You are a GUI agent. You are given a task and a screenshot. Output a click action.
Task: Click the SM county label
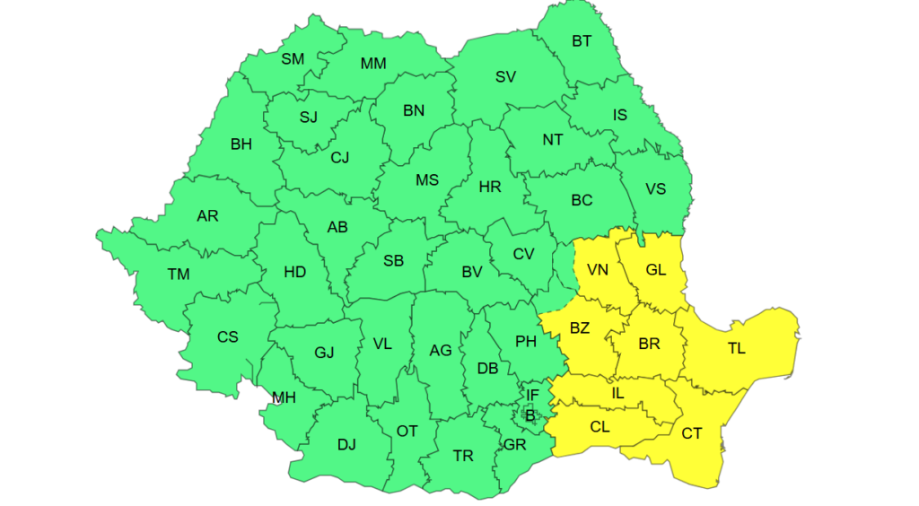(x=293, y=59)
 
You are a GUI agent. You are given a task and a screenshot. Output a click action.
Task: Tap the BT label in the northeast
(x=582, y=41)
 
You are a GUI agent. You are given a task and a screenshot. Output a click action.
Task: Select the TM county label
(x=179, y=274)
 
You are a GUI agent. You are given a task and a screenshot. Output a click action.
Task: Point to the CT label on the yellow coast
(x=692, y=433)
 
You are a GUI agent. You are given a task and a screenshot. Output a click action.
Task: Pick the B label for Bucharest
(x=530, y=414)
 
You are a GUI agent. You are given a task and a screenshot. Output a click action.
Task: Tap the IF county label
(x=532, y=395)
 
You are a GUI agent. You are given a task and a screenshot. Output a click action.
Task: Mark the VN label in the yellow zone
(x=597, y=269)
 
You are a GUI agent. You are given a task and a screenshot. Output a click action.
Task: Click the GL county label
(x=656, y=269)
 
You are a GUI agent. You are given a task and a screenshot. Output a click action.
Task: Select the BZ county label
(x=580, y=327)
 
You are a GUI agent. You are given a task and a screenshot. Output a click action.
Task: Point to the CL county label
(x=600, y=427)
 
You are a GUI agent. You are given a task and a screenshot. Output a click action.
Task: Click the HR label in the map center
(x=490, y=187)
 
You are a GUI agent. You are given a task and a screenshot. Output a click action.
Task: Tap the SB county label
(x=393, y=261)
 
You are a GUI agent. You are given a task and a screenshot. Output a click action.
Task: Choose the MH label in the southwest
(x=284, y=397)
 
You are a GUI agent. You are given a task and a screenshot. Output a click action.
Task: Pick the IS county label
(x=620, y=115)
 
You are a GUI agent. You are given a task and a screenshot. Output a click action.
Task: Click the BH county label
(x=241, y=144)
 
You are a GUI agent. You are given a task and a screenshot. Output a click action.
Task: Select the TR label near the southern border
(x=463, y=456)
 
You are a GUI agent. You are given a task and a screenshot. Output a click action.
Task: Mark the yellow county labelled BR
(x=649, y=344)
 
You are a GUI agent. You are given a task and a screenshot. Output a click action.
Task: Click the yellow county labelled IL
(x=617, y=392)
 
